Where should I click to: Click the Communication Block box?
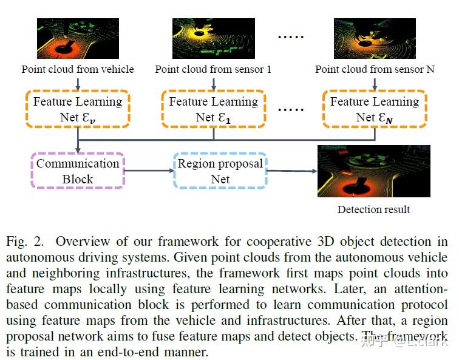click(x=78, y=171)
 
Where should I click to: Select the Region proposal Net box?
click(x=220, y=171)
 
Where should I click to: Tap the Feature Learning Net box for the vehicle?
click(x=78, y=109)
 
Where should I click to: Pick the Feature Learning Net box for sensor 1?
click(x=213, y=109)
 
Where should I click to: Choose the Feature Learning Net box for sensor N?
click(x=374, y=109)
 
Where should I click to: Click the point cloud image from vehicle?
click(x=78, y=38)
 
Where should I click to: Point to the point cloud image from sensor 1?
click(x=213, y=38)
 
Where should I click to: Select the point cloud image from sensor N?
click(x=374, y=38)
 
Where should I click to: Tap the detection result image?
click(x=373, y=171)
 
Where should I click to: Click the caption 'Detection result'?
click(x=373, y=209)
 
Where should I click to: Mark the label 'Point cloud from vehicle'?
click(x=78, y=69)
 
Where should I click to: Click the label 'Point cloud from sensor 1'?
click(x=213, y=69)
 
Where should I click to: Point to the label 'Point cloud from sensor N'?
click(x=375, y=69)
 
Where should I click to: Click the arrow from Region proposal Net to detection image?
click(x=291, y=171)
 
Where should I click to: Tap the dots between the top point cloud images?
click(x=290, y=38)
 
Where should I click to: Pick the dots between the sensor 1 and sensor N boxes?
click(x=290, y=110)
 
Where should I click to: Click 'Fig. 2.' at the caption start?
click(x=25, y=242)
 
